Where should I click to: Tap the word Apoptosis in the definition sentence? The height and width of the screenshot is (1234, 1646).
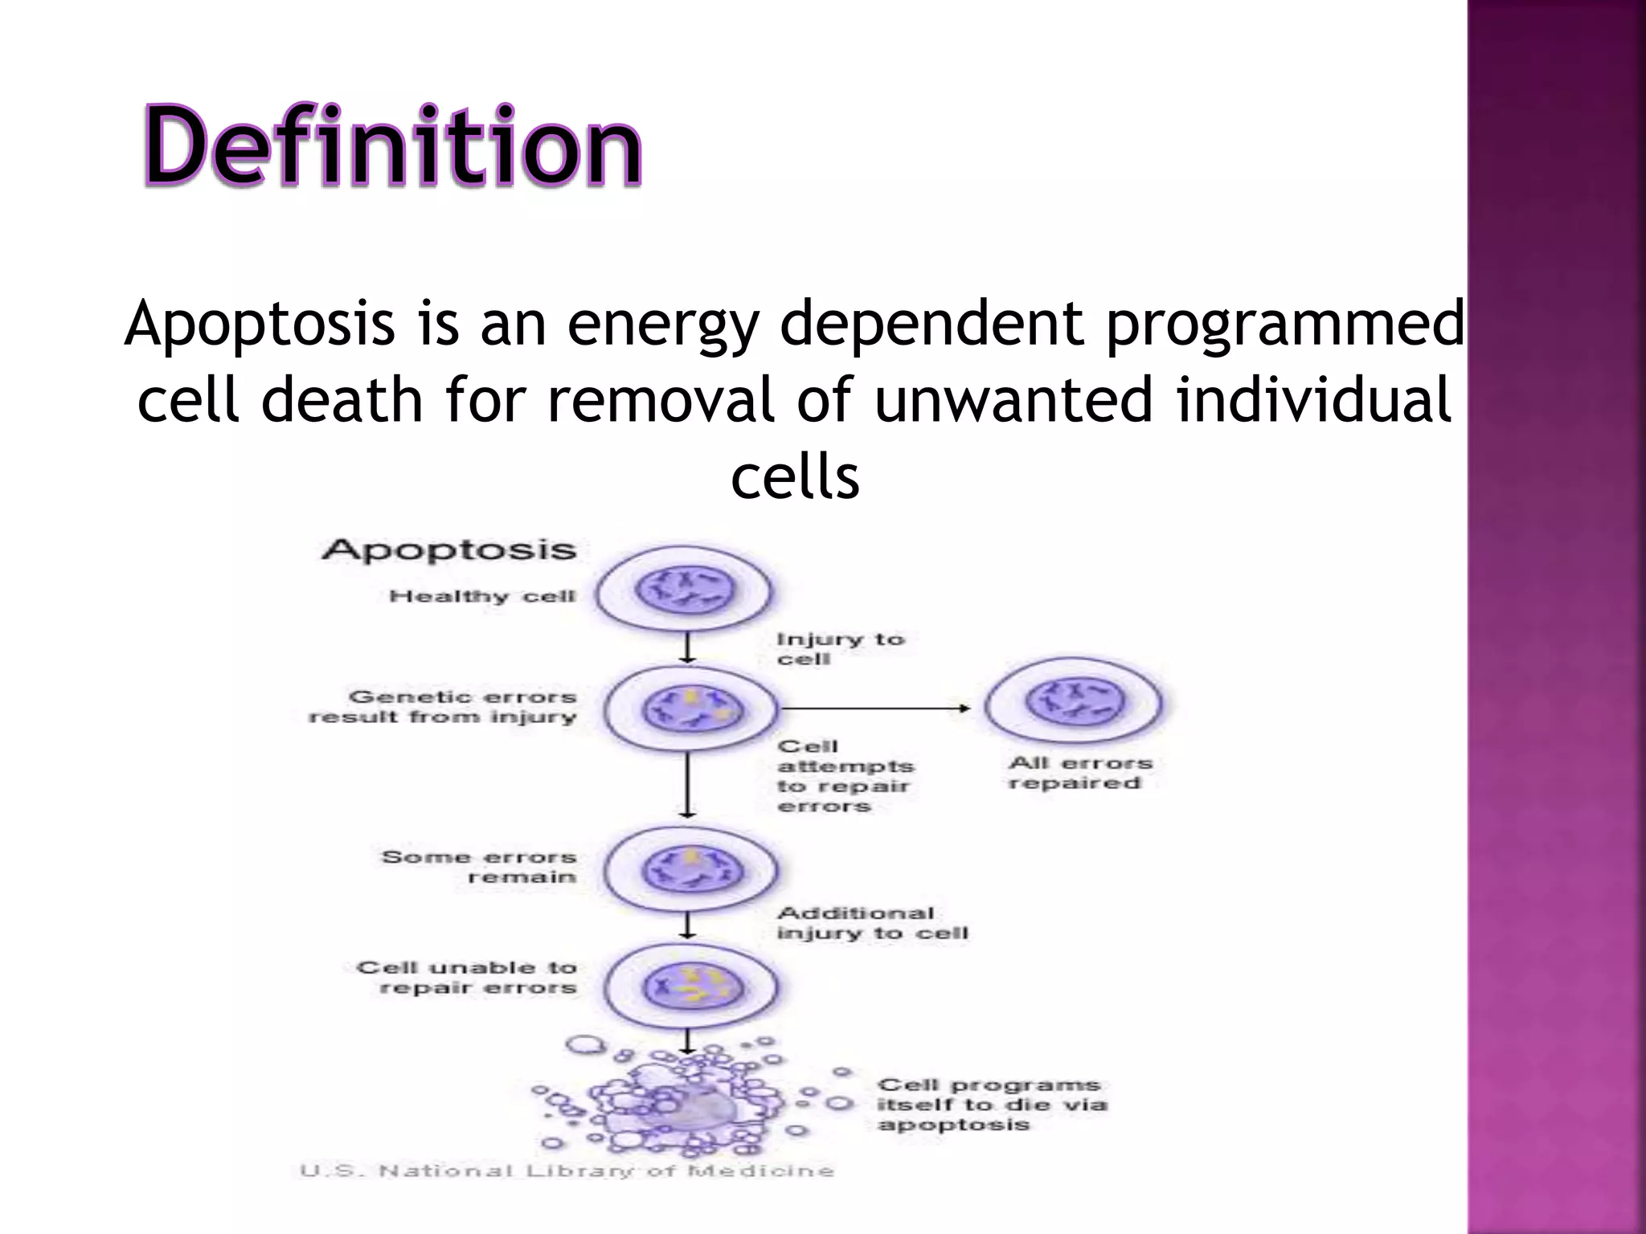259,324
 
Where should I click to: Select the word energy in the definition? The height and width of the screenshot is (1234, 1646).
661,324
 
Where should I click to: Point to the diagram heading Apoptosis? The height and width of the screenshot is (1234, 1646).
448,550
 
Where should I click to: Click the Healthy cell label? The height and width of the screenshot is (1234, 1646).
482,596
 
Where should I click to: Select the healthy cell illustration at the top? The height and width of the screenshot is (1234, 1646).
685,590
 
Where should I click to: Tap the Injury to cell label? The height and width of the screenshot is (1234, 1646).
839,648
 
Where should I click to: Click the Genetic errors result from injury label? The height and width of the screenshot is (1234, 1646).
444,707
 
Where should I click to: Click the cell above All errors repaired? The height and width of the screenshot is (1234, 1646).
1074,701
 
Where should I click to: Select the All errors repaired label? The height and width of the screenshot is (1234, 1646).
1079,773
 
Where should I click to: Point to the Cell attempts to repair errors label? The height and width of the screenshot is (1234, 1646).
844,776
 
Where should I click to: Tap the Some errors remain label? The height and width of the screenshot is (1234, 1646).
479,867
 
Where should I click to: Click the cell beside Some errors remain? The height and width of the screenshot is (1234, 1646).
690,870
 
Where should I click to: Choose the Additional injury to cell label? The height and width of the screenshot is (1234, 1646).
871,923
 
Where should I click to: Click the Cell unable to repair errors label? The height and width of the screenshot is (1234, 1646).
468,978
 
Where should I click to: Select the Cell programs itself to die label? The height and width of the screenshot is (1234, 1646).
990,1105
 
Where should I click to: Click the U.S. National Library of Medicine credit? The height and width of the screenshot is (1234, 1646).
567,1171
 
